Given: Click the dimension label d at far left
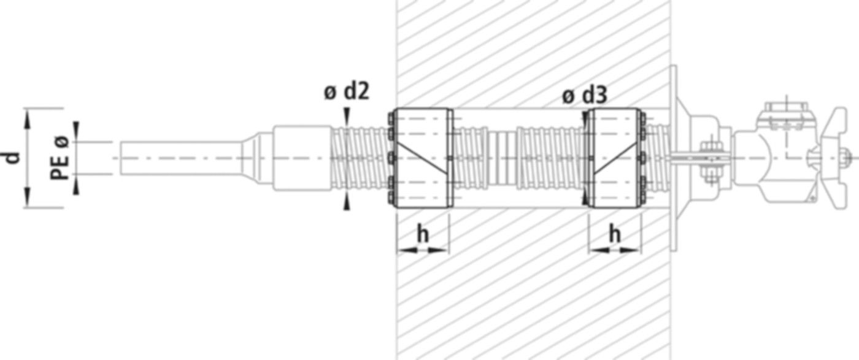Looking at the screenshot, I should click(13, 158).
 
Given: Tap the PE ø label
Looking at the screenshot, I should click(60, 158).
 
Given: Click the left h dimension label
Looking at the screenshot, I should click(423, 234).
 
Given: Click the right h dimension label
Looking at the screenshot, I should click(615, 234).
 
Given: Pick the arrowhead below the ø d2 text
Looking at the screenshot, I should click(347, 114).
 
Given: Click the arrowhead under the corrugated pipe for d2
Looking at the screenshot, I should click(347, 203).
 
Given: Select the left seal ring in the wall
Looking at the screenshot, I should click(423, 158).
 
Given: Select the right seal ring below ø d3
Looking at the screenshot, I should click(614, 158).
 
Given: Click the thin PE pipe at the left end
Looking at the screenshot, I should click(178, 158).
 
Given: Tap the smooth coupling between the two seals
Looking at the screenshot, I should click(503, 158).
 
